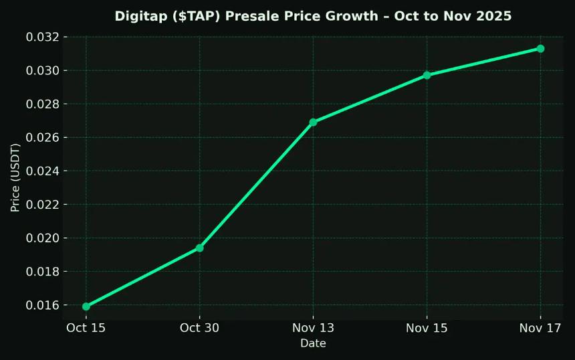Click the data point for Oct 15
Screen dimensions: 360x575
[x=86, y=306]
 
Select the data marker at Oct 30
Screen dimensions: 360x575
[x=199, y=248]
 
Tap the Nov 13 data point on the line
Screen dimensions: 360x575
[x=313, y=122]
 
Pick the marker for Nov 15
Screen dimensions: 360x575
[x=427, y=75]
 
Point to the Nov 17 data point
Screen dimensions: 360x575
[x=540, y=49]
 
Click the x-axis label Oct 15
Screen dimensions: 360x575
[x=86, y=327]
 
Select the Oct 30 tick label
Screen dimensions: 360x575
[x=199, y=327]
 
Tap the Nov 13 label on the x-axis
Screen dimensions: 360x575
[x=313, y=327]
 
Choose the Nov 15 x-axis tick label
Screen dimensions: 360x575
[x=427, y=327]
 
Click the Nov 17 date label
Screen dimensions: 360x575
[x=540, y=327]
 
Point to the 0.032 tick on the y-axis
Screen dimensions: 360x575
[x=43, y=37]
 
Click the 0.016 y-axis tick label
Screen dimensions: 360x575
[x=43, y=305]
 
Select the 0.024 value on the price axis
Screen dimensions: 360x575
[x=43, y=171]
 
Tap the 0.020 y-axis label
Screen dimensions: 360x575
[x=43, y=238]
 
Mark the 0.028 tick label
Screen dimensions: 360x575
[x=43, y=104]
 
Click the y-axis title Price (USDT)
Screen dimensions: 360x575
[x=15, y=177]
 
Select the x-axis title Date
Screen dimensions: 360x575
[x=313, y=343]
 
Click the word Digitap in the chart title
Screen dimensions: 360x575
[x=139, y=16]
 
